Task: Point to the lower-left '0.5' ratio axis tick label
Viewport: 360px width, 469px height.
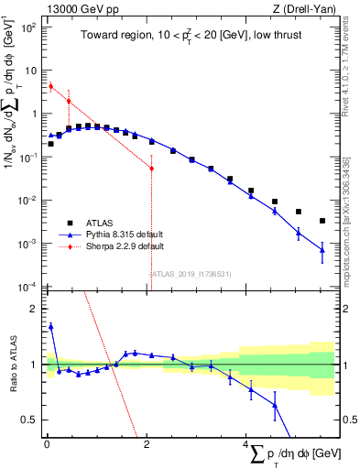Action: coord(30,420)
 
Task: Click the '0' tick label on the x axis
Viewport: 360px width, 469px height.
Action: coord(47,444)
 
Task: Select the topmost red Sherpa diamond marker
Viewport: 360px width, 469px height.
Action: coord(50,86)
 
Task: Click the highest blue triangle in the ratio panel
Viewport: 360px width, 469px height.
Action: coord(50,325)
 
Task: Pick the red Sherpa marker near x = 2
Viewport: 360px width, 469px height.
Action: coord(151,169)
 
